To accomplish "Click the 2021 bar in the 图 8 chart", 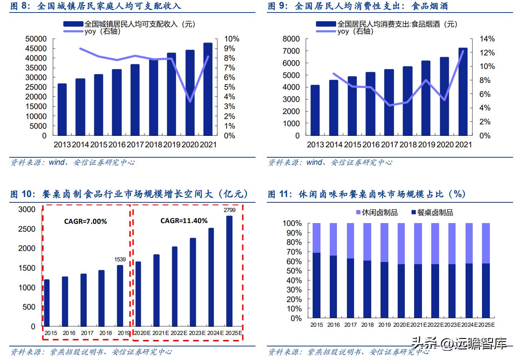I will click(x=208, y=89).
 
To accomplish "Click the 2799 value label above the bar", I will click(x=230, y=210).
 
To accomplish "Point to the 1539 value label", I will click(x=120, y=259).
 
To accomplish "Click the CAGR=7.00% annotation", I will click(x=85, y=222).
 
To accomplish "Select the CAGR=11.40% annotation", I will click(x=184, y=221).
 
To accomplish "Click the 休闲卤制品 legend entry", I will click(x=377, y=213).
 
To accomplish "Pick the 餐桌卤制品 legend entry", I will click(x=432, y=213).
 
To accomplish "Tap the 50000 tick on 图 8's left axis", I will click(x=36, y=39).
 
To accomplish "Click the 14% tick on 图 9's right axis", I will click(x=487, y=39).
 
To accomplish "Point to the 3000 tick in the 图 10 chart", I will click(x=27, y=209).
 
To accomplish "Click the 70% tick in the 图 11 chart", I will click(x=292, y=252).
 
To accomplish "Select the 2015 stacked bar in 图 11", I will click(x=317, y=271).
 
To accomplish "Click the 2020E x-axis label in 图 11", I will click(x=402, y=325).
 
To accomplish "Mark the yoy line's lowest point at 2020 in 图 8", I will click(x=190, y=102).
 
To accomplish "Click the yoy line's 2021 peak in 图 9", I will click(x=463, y=51).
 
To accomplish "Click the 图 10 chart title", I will click(x=129, y=194).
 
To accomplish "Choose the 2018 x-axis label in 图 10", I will click(x=105, y=333).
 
